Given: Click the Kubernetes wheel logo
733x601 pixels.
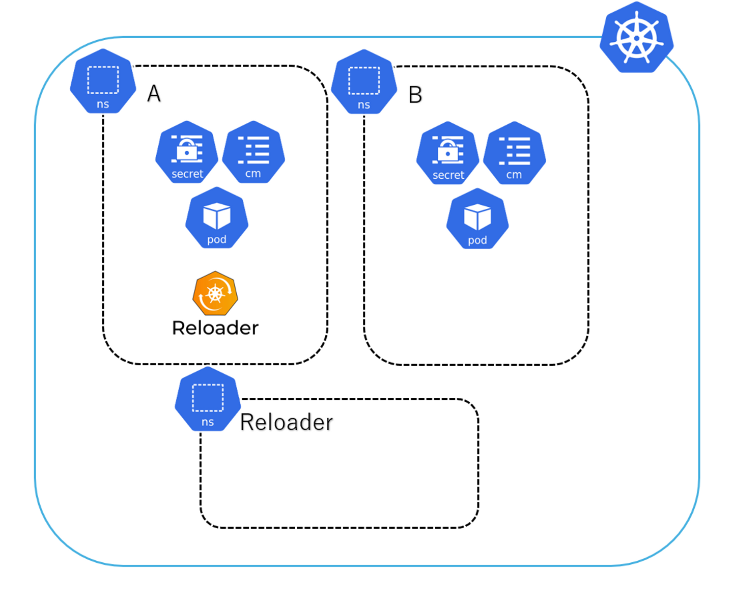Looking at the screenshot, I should click(636, 38).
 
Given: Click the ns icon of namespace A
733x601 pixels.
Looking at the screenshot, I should click(103, 81).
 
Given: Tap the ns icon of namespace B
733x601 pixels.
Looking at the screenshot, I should click(364, 82).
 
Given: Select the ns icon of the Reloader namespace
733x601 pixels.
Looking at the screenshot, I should click(208, 399).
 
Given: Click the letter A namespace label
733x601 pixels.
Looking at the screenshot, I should click(154, 94).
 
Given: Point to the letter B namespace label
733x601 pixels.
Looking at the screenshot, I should click(415, 95).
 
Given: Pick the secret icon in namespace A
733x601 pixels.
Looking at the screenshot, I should click(187, 152).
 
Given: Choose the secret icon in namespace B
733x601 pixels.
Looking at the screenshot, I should click(448, 153).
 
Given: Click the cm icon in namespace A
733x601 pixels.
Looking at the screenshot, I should click(253, 152).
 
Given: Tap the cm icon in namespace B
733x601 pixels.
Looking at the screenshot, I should click(515, 153).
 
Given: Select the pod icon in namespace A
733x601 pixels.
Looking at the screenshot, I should click(217, 218).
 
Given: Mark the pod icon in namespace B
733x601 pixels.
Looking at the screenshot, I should click(477, 219).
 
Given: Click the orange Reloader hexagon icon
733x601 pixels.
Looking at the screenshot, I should click(215, 293).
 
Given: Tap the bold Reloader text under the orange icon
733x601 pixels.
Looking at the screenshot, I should click(215, 328).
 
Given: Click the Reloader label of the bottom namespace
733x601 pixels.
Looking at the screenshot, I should click(286, 422).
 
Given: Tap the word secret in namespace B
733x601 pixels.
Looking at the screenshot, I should click(448, 175).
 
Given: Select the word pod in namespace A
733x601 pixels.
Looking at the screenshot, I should click(217, 239).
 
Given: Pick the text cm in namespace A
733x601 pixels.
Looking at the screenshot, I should click(253, 174).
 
